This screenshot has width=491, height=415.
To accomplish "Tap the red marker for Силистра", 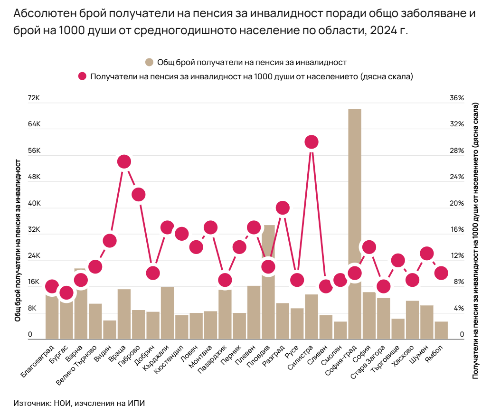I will [x=311, y=141].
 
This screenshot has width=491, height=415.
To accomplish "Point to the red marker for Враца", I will [x=124, y=161].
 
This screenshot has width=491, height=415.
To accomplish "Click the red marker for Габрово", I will [x=138, y=194].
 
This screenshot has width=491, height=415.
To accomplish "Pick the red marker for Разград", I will [x=283, y=207].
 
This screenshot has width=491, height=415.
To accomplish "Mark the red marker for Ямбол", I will [x=441, y=273].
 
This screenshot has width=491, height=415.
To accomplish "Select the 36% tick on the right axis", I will [x=456, y=98].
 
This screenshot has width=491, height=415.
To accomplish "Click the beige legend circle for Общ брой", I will [x=149, y=62].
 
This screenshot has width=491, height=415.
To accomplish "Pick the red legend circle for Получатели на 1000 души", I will [x=83, y=76].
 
